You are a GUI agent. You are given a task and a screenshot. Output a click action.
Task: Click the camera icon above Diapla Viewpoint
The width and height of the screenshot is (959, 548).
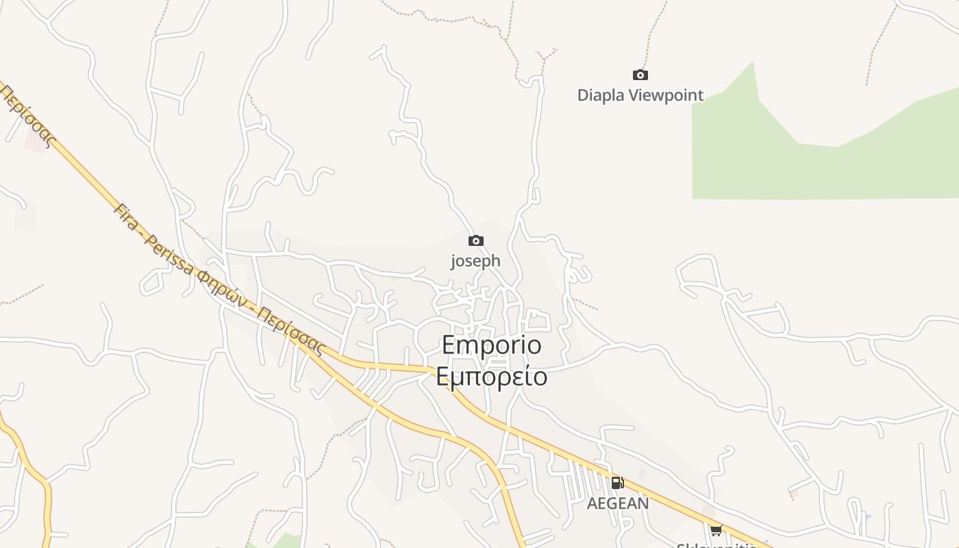coord(640,75)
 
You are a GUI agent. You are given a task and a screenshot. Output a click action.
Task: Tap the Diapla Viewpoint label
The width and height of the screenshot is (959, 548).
coord(640,95)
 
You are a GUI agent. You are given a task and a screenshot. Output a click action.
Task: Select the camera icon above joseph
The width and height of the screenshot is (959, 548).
coord(475,241)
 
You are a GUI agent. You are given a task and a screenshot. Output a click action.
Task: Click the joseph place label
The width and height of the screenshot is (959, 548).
coord(475,261)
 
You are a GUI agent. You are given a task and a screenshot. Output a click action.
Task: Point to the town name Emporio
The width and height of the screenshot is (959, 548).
coord(491,345)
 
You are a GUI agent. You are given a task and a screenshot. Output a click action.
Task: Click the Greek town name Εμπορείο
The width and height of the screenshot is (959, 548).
coord(491,377)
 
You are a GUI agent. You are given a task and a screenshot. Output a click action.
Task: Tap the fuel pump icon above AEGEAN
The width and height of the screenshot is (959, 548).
coord(617,484)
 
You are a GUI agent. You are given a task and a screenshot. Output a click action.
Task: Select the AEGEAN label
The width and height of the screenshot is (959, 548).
coord(617,503)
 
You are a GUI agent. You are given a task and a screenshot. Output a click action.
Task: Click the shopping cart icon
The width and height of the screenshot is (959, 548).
coord(716,530)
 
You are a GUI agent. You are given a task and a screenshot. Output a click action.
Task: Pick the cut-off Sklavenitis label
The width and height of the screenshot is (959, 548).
coord(716,545)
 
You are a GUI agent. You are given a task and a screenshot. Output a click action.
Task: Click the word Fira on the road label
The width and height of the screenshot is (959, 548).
coord(126,217)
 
